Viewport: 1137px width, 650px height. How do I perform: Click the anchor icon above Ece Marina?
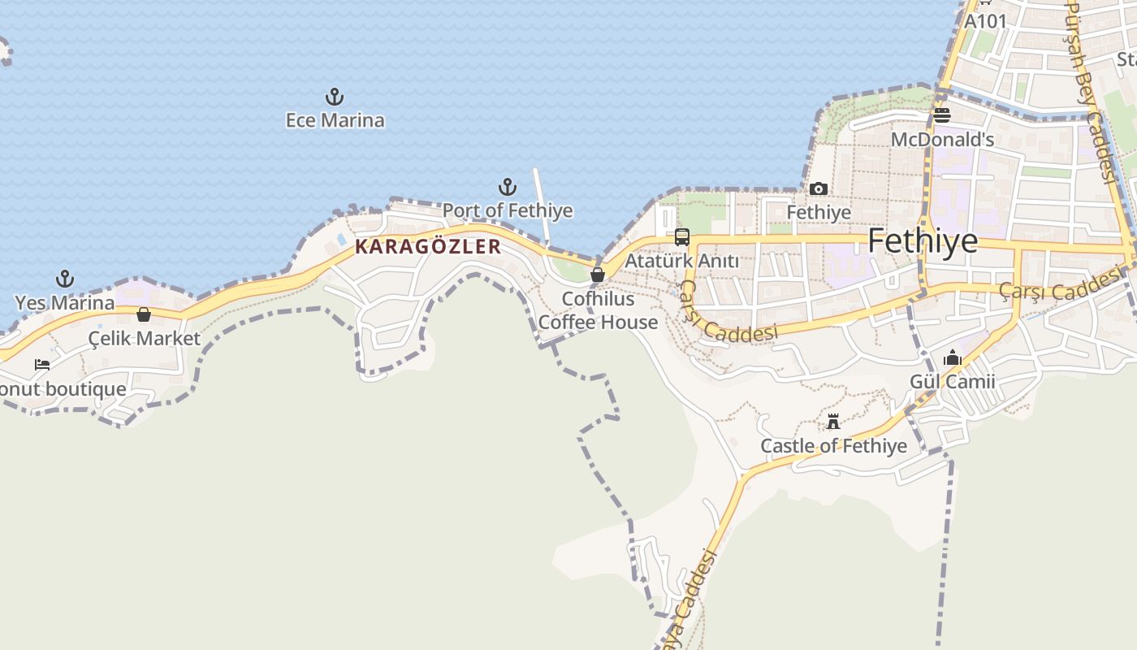335,97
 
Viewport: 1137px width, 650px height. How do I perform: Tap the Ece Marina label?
335,120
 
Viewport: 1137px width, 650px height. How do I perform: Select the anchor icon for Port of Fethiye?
508,188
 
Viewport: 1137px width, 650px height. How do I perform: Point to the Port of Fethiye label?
508,210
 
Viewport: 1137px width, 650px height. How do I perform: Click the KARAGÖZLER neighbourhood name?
428,247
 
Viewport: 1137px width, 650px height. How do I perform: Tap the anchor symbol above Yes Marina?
65,279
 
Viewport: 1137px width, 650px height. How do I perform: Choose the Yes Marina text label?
65,303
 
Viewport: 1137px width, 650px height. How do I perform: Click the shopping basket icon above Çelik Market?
144,314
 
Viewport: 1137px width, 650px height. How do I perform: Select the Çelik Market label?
145,338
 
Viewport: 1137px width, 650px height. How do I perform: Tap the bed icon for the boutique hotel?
42,365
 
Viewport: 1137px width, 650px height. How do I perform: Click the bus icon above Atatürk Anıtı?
682,237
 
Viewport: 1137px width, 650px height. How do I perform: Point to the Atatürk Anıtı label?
681,261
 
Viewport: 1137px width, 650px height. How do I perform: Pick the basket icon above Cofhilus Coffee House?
598,275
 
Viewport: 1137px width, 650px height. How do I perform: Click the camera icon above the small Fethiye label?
819,189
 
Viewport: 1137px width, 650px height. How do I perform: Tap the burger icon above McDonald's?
942,115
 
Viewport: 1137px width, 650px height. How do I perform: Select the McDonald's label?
942,140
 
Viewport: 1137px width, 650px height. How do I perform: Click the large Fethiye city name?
923,241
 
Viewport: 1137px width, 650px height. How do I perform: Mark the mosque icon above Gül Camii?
953,357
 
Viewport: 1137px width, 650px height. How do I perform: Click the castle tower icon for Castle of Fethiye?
833,422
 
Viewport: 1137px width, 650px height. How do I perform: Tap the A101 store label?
985,21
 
